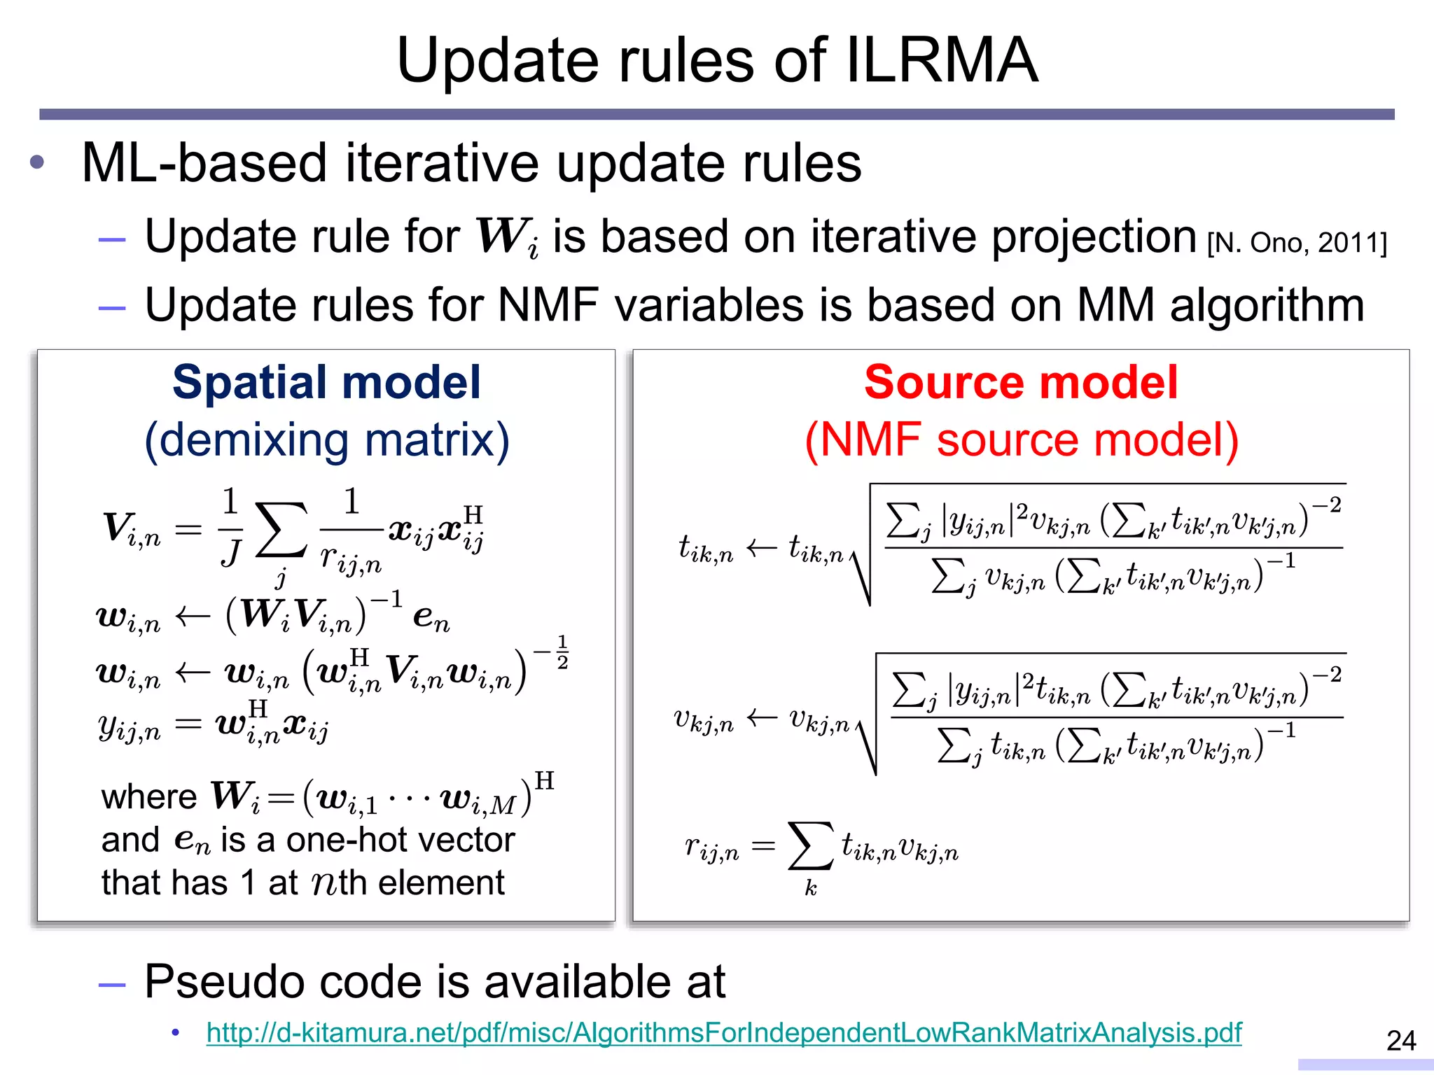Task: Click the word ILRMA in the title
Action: (942, 61)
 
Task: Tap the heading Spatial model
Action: (326, 383)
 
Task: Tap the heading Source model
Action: (1021, 383)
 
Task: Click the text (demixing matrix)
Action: (326, 440)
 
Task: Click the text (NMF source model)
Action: (1021, 440)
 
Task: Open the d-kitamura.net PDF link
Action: (723, 1033)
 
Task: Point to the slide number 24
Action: (1400, 1041)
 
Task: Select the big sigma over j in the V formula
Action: (281, 530)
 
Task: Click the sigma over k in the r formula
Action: (810, 846)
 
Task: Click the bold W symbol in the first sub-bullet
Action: (501, 237)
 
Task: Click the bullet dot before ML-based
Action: (37, 163)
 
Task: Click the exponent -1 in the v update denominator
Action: (1281, 731)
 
